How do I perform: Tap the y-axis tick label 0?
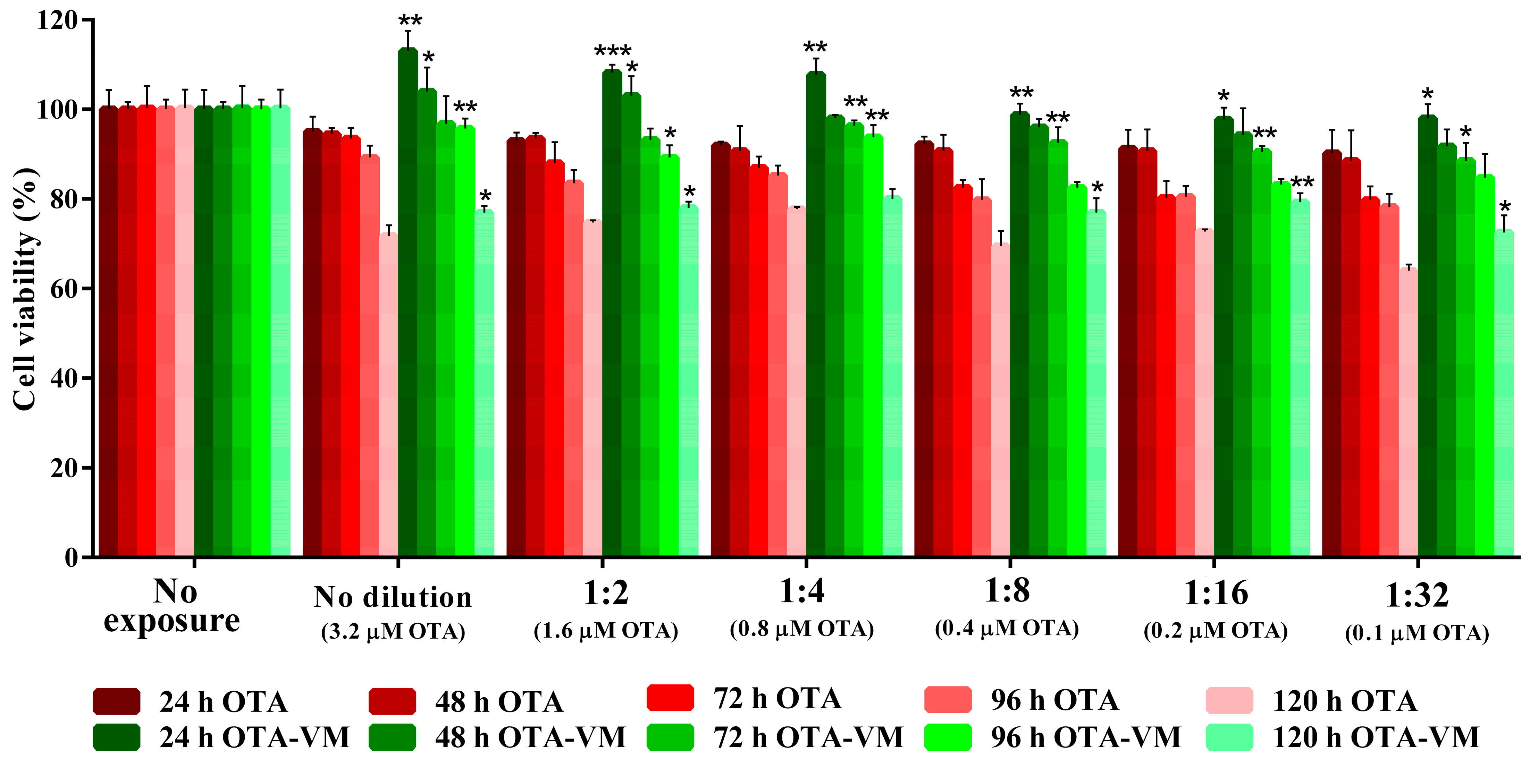point(71,557)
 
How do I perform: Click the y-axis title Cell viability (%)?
point(25,289)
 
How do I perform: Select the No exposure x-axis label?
point(172,606)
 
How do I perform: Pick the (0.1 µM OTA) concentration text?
point(1417,633)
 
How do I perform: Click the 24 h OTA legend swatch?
point(116,701)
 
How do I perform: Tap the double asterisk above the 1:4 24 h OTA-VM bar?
point(815,48)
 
